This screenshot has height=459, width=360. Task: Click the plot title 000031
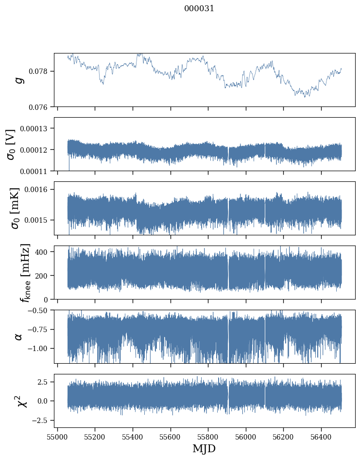pos(199,8)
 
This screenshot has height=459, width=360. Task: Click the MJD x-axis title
pos(204,448)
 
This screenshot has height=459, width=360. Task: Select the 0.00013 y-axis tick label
pos(37,128)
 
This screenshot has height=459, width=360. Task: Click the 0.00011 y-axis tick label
pos(37,171)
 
